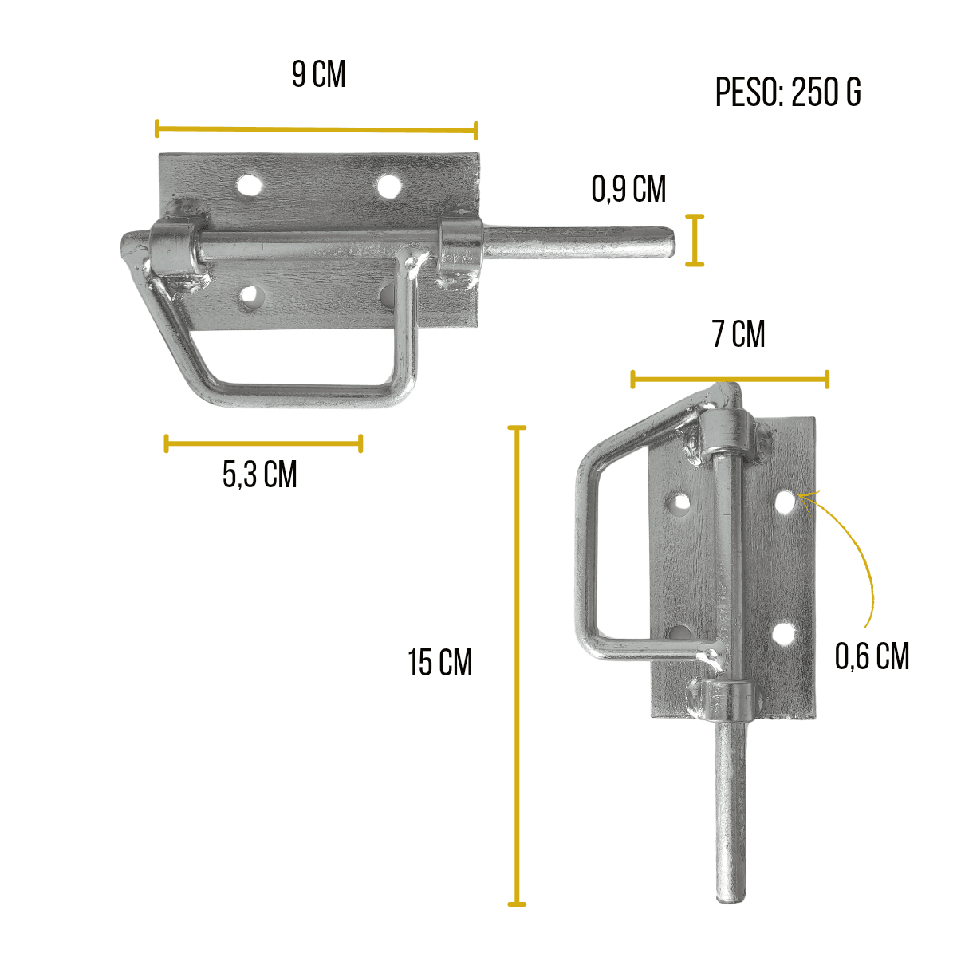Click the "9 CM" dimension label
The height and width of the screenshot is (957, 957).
(x=318, y=74)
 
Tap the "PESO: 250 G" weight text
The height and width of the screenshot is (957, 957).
(x=788, y=93)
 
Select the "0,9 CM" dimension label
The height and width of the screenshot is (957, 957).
(x=628, y=189)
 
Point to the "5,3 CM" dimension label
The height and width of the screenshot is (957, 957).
(x=260, y=475)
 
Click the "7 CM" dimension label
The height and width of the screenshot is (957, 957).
(x=738, y=333)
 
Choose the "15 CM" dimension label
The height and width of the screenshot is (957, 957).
(x=440, y=663)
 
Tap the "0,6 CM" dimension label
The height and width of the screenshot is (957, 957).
(x=872, y=656)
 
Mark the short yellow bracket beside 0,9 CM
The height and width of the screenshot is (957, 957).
(x=695, y=240)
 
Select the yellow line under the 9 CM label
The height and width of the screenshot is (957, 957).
(x=317, y=130)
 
